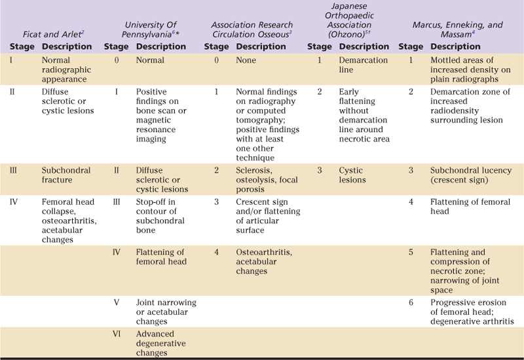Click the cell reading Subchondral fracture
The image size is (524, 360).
pos(66,175)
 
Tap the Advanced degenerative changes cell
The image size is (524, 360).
pos(161,343)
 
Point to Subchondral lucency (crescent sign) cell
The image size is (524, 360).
pos(470,175)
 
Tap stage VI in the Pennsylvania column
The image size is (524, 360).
pos(117,334)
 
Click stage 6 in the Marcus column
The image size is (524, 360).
pos(411,303)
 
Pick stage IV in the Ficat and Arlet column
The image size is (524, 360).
pos(14,202)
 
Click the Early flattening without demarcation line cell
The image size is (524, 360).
pos(364,115)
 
